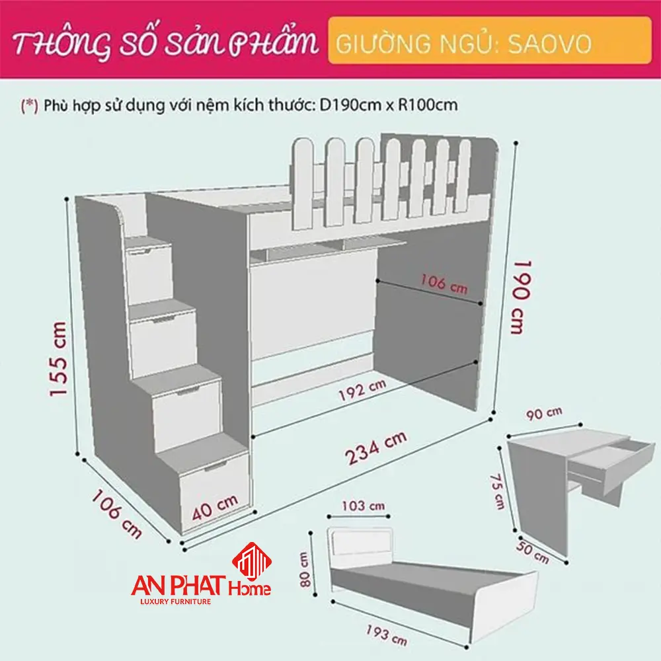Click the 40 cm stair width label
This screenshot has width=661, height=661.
tap(216, 507)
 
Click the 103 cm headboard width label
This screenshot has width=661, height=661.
tap(363, 506)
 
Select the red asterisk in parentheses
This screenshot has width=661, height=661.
tap(29, 104)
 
